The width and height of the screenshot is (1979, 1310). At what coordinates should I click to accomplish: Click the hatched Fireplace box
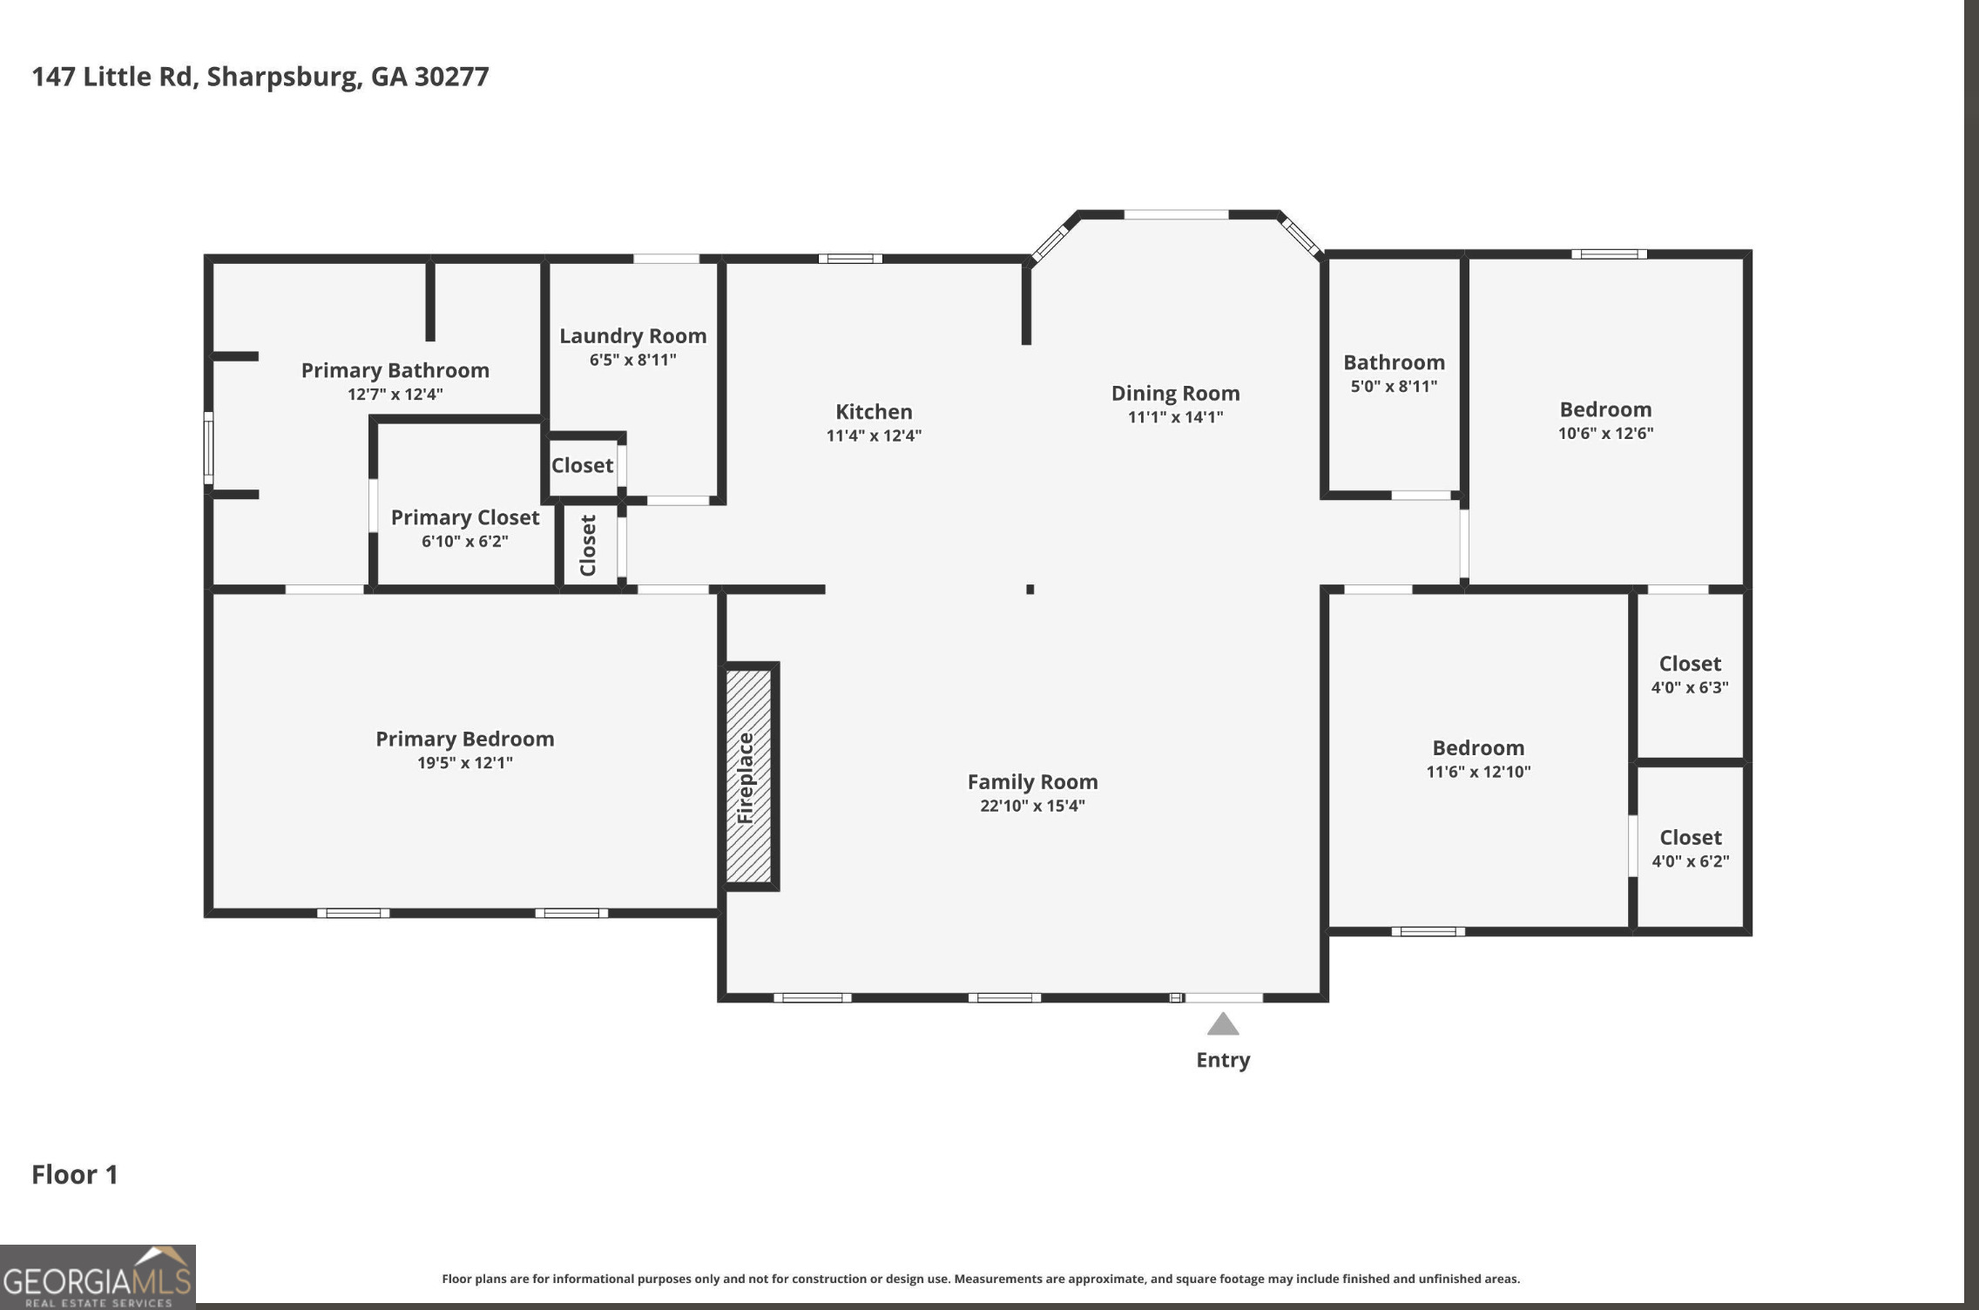point(748,776)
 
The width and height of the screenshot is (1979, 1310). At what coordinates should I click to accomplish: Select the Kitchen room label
point(874,412)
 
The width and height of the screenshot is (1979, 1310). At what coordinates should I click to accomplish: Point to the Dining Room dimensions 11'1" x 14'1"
point(1175,417)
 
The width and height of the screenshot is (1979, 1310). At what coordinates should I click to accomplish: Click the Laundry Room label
point(632,336)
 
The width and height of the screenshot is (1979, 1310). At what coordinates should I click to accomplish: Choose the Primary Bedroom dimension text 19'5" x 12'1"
point(464,763)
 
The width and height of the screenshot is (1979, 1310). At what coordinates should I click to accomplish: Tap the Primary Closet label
point(465,517)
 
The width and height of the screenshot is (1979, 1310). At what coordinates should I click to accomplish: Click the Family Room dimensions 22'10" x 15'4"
point(1032,806)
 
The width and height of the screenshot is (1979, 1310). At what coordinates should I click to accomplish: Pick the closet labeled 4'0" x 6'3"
point(1690,674)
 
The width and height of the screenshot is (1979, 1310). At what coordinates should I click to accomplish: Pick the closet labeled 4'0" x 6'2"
point(1691,848)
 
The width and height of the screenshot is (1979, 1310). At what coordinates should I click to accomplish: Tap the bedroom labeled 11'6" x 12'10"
point(1478,759)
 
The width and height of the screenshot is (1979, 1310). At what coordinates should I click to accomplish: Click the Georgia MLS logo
point(98,1278)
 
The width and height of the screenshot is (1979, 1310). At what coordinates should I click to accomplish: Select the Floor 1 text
point(75,1175)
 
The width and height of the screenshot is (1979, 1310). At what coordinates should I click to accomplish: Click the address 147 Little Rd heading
point(260,77)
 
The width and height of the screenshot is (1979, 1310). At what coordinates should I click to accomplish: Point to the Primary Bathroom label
point(395,371)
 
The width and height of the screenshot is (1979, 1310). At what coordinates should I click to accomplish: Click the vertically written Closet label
point(588,545)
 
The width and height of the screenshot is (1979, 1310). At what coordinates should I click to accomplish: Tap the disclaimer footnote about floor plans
point(980,1279)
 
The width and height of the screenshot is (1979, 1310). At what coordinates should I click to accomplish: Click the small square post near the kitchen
point(1030,590)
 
